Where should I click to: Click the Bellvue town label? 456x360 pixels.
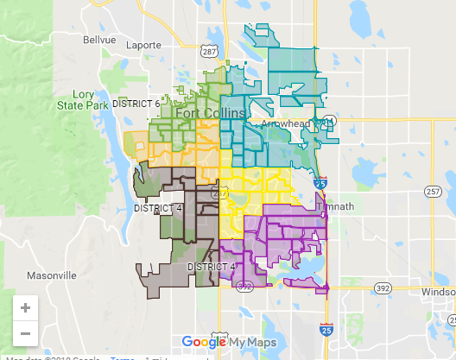tap(99, 40)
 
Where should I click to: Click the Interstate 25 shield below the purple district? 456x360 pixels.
tap(326, 330)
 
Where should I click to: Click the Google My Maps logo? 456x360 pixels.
tap(229, 341)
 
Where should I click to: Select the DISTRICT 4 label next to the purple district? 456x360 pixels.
tap(212, 267)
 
